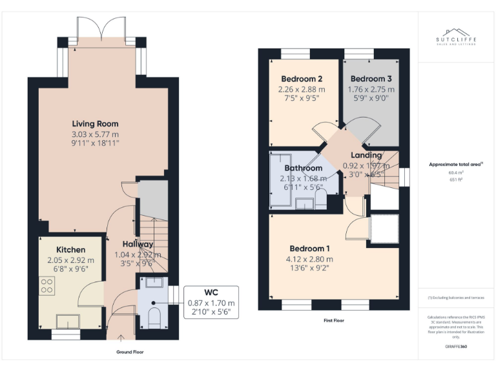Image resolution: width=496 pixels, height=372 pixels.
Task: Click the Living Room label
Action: pyautogui.click(x=95, y=123)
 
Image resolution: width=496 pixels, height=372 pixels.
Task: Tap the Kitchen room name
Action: pyautogui.click(x=70, y=249)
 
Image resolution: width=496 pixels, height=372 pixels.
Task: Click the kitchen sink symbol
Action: pyautogui.click(x=68, y=320)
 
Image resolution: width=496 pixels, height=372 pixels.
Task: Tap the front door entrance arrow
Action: pyautogui.click(x=121, y=337)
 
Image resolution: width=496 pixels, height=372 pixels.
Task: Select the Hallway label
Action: pyautogui.click(x=138, y=244)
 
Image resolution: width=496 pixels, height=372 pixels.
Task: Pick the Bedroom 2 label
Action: pyautogui.click(x=301, y=79)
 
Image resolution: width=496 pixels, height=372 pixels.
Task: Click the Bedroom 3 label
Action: pyautogui.click(x=371, y=79)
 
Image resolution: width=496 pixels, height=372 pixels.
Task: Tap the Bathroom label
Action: pyautogui.click(x=303, y=169)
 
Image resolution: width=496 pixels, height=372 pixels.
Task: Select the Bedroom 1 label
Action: pyautogui.click(x=310, y=249)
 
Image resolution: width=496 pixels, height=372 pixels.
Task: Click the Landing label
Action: pyautogui.click(x=366, y=155)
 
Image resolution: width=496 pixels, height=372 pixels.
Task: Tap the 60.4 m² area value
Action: pyautogui.click(x=456, y=173)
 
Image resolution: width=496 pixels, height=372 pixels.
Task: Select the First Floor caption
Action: pyautogui.click(x=334, y=320)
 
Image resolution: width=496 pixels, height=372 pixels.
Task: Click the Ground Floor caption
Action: pyautogui.click(x=130, y=352)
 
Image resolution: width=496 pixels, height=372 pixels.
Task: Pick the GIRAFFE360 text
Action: pyautogui.click(x=456, y=347)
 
